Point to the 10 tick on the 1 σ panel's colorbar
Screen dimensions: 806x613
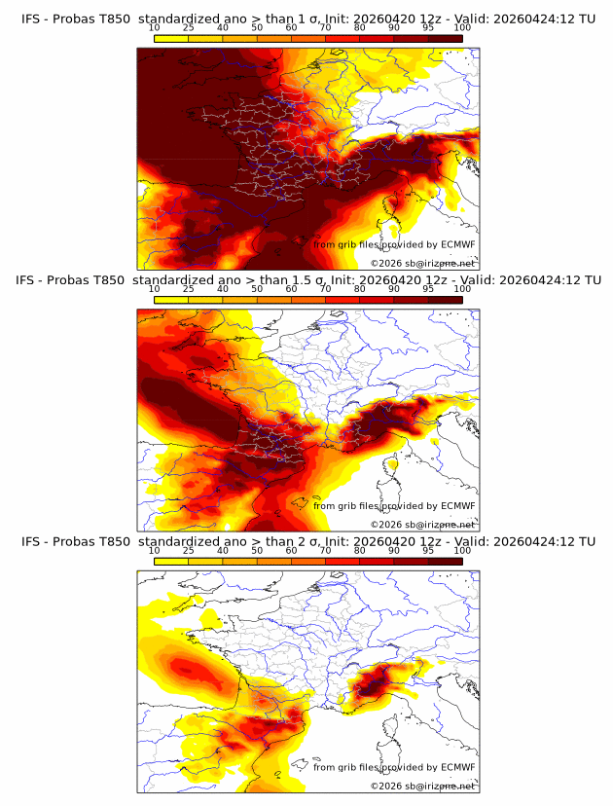[155, 27]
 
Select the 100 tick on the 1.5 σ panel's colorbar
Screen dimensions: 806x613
[462, 289]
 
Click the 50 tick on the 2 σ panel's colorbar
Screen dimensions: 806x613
[256, 550]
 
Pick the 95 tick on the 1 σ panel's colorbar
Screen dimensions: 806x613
[428, 27]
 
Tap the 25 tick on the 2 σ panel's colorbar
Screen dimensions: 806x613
[189, 550]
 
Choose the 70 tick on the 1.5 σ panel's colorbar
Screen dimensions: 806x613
[325, 289]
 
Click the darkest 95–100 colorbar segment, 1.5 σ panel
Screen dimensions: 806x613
[445, 299]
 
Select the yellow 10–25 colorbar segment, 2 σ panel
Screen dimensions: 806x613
[171, 561]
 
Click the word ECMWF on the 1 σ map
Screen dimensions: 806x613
[457, 244]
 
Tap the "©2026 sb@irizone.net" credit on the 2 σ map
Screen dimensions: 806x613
[422, 786]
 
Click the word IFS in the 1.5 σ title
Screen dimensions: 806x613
[26, 280]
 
